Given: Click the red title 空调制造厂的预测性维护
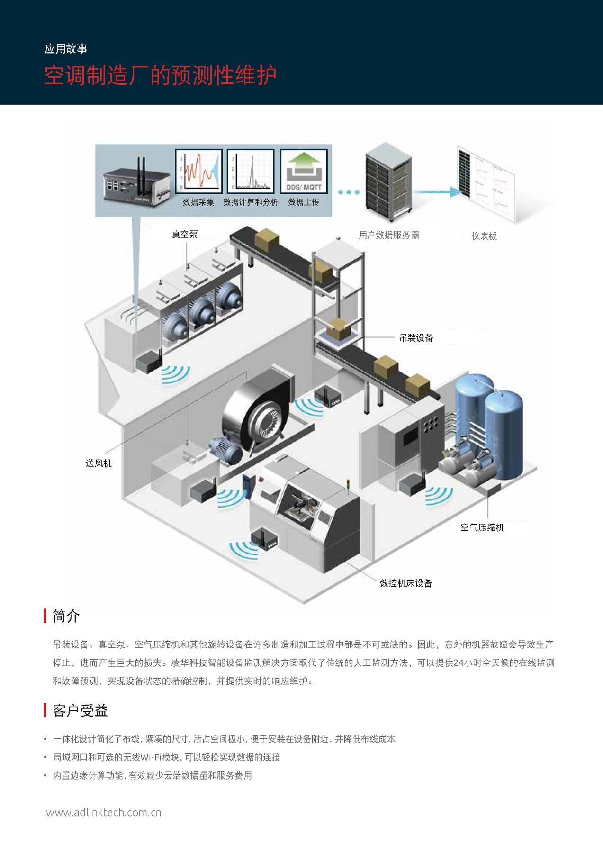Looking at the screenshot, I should coord(160,76).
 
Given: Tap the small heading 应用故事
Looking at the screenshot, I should coord(66,49).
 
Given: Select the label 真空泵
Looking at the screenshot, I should coord(185,234).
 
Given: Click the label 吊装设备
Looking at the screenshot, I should coord(416,338).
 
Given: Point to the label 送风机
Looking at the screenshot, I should coord(99,463).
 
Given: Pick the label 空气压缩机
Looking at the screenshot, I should coord(482,527).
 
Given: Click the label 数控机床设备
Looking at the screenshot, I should coord(406,583).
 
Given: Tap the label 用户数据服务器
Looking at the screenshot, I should coord(389,235).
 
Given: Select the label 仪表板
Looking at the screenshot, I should coord(484,236).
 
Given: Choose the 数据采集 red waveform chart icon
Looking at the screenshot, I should coord(198,171).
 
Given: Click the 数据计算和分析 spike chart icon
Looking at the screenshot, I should coord(251,171).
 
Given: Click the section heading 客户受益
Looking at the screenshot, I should coord(80,710).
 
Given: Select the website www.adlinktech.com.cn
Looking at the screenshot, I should coord(104,812).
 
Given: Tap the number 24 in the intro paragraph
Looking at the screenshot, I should coord(458,663).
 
